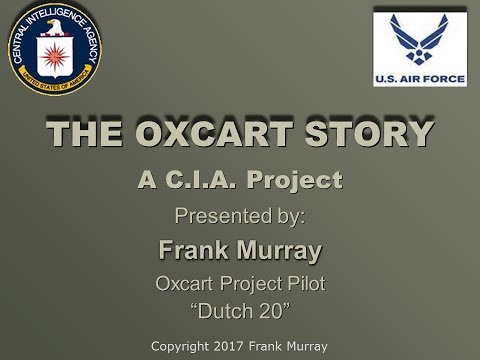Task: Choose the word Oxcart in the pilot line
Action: click(x=185, y=284)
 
